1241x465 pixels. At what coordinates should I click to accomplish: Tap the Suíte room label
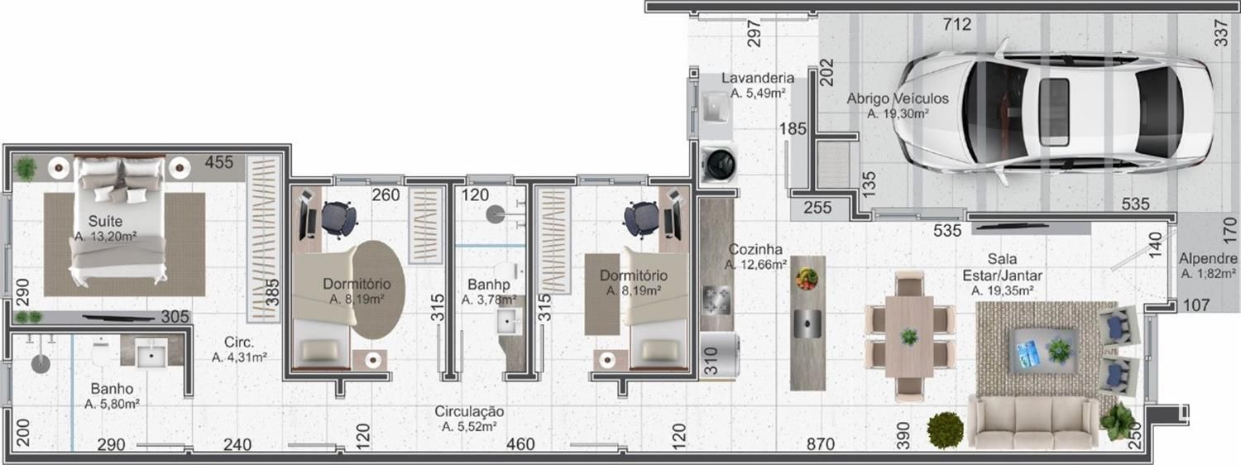click(x=105, y=221)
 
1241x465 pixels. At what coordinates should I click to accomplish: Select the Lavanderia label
click(x=757, y=78)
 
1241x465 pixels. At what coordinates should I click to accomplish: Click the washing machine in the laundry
click(x=719, y=164)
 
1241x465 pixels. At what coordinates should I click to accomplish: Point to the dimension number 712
click(x=957, y=24)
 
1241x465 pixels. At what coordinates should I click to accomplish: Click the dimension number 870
click(x=820, y=444)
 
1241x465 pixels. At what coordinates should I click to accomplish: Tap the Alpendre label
click(x=1208, y=258)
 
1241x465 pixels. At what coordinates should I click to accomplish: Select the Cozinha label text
click(x=755, y=249)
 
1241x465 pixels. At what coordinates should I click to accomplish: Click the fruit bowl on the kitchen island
click(x=807, y=278)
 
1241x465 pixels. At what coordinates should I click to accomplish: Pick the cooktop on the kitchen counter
click(x=716, y=300)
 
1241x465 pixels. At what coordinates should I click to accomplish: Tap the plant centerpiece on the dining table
click(x=909, y=336)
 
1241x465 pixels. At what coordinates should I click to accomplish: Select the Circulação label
click(x=469, y=411)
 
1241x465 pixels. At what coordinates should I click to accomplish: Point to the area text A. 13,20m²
click(x=106, y=237)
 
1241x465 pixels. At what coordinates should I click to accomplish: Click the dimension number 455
click(x=219, y=162)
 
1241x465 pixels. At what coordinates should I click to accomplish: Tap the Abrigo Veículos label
click(x=898, y=98)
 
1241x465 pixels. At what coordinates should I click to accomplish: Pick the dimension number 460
click(x=520, y=444)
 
